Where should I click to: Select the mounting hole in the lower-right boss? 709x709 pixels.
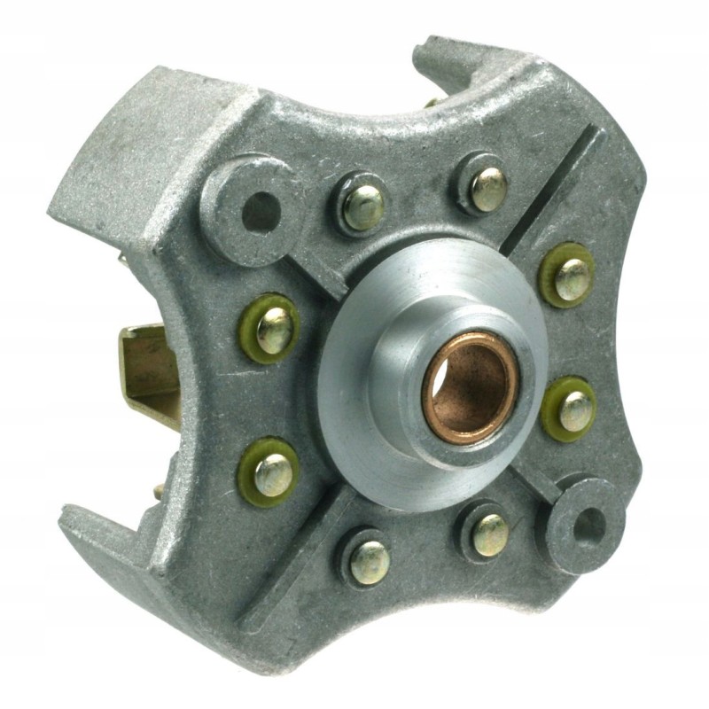tap(586, 526)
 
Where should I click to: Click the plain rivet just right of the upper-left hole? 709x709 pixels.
tap(364, 206)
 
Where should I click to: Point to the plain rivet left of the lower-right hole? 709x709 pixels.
tap(488, 532)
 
